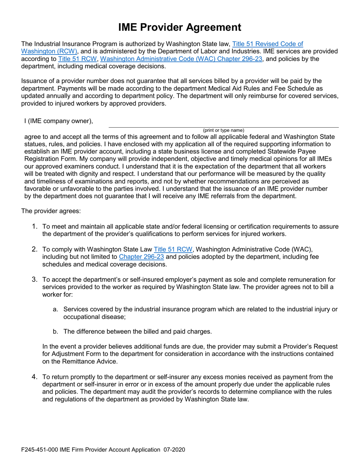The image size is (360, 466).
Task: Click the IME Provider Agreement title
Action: [180, 27]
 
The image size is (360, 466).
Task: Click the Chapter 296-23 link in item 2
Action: [141, 256]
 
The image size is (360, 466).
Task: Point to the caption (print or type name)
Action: [224, 130]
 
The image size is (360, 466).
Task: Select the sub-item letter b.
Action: [55, 332]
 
